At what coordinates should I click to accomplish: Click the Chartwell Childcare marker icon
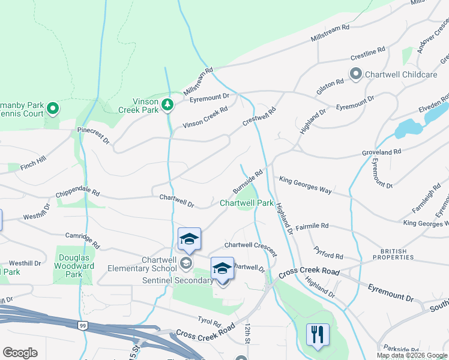coord(355,74)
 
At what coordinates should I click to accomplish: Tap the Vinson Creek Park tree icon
coord(169,105)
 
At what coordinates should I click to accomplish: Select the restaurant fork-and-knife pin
coord(318,335)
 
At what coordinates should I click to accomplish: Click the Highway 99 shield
coord(82,325)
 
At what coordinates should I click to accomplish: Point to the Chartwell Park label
coord(247,203)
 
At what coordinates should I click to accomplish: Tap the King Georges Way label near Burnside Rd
coord(306,185)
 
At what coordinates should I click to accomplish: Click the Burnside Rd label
coord(249,181)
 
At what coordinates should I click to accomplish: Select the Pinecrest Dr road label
coord(93,134)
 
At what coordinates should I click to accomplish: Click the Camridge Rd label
coord(82,241)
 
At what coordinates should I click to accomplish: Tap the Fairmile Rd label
coord(312,226)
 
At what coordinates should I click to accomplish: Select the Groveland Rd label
coord(381,153)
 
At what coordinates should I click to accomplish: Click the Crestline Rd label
coord(367,55)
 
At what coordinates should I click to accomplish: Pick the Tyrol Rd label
coord(210,320)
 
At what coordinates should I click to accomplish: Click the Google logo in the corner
coord(20,353)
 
